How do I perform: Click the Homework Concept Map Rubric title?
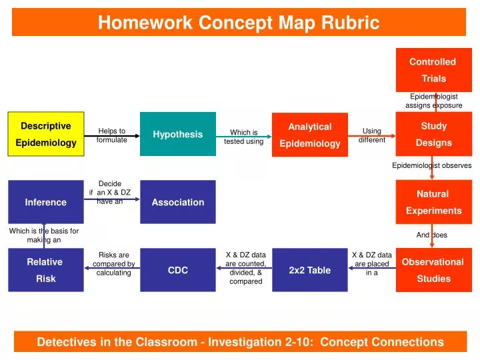coord(239,23)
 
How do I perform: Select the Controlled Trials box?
coord(433,70)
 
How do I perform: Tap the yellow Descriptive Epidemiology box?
coord(46,134)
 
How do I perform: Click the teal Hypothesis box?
coord(178,134)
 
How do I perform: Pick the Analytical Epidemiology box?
coord(309,135)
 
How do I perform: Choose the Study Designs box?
coord(433,134)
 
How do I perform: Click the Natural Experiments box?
coord(433,202)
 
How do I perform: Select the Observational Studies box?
coord(433,270)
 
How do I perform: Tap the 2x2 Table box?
coord(309,270)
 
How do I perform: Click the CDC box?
coord(178,270)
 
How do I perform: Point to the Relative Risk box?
coord(45,270)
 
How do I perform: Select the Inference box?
coord(45,202)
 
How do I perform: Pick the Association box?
coord(178,202)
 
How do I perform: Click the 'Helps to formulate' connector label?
coord(111,135)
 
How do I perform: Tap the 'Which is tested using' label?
coord(243,137)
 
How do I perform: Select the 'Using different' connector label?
coord(371,135)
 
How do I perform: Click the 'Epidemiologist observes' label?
coord(431,165)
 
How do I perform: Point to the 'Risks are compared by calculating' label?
coord(113,263)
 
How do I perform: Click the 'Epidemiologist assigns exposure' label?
coord(433,101)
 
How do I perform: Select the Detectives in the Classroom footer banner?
coord(239,342)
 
